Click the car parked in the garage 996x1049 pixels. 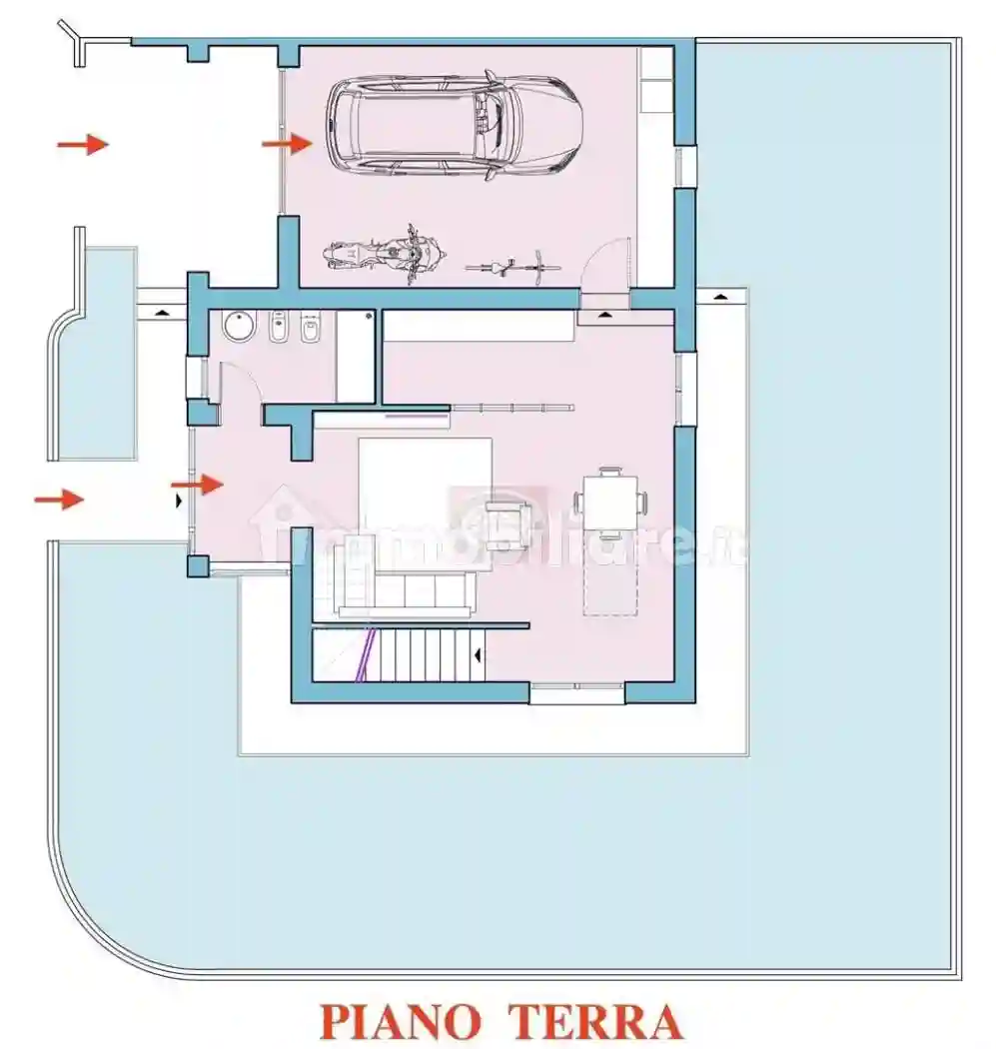click(x=455, y=124)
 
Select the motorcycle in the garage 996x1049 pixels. click(x=383, y=253)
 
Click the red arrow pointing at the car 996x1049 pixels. click(x=287, y=144)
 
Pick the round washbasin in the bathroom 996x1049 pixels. click(x=238, y=327)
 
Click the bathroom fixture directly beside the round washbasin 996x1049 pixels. click(x=279, y=327)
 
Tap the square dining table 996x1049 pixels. click(x=610, y=502)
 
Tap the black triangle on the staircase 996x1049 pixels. click(x=479, y=655)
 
